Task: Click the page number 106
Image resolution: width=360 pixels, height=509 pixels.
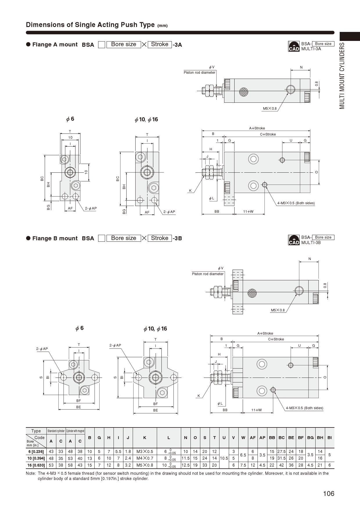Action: pos(329,493)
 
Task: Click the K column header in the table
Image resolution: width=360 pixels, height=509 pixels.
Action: pos(145,438)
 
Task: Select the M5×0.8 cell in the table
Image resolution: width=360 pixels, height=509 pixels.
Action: pos(145,465)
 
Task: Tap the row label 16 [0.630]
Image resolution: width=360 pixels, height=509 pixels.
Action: pos(36,465)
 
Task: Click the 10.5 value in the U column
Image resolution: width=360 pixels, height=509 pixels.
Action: pos(224,458)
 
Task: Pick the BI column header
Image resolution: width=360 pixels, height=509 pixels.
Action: pos(329,438)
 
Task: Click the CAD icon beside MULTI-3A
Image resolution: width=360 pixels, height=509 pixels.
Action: pos(294,46)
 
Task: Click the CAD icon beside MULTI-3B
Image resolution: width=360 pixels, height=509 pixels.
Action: pos(294,240)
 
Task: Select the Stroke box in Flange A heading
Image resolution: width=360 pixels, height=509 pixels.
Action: pos(160,44)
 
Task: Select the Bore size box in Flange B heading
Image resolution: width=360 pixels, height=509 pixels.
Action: pos(123,238)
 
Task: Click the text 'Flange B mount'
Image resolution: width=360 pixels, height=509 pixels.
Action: pos(55,238)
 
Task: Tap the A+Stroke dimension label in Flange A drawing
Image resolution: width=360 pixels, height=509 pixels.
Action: pos(257,128)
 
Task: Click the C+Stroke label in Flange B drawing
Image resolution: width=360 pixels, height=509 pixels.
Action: pos(276,339)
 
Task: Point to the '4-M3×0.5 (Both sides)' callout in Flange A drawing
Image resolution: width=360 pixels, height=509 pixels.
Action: pos(296,203)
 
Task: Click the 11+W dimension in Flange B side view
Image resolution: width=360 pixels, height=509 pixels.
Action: pos(256,410)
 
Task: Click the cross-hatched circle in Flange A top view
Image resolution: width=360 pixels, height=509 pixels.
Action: pos(244,92)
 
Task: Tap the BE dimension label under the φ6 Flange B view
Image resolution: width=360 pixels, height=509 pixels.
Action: pos(78,407)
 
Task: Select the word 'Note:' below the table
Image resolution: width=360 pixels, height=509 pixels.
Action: pos(31,473)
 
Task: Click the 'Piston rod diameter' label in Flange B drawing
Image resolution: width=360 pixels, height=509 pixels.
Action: pos(208,274)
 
